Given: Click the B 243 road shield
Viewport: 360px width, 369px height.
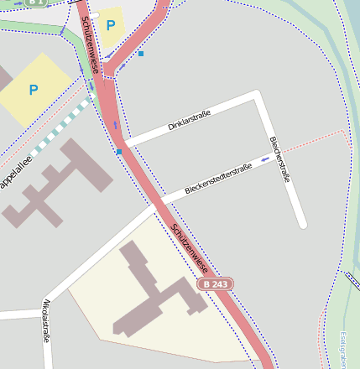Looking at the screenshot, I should point(216,284).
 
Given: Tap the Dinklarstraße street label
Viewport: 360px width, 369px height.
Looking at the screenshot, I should point(189,120).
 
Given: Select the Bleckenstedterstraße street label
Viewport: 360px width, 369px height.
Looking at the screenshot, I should point(218,179).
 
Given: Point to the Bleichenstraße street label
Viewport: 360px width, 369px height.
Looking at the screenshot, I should point(279,159).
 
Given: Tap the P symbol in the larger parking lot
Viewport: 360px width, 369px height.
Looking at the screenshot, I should point(34,90).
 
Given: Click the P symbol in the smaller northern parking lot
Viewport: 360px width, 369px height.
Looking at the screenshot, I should point(111,25).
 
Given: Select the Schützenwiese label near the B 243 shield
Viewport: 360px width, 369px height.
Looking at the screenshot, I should point(189,249).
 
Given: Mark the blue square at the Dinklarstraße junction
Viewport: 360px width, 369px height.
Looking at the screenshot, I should point(120,152).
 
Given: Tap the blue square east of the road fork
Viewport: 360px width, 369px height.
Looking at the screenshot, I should point(141,54).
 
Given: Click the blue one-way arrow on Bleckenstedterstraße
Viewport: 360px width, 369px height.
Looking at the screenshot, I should point(265,159).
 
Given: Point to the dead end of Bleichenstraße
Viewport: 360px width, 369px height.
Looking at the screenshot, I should point(302,224).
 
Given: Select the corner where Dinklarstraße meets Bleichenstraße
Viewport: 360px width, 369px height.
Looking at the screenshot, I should point(258,96).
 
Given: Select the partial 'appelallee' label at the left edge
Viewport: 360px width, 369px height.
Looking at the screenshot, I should point(15,171).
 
